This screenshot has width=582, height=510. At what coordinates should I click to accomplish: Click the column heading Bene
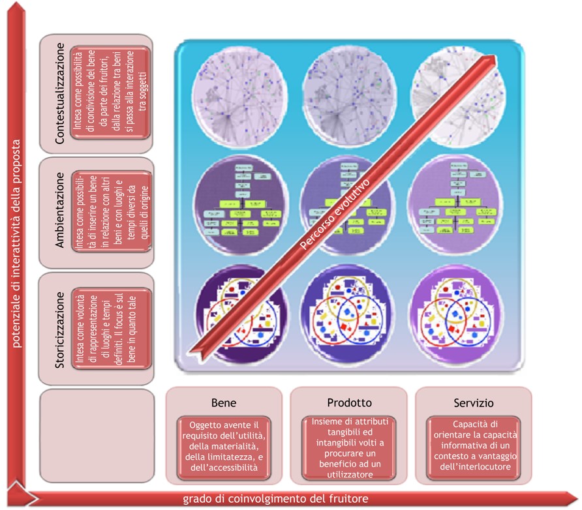pos(224,402)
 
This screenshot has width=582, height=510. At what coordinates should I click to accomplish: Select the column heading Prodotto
pos(349,402)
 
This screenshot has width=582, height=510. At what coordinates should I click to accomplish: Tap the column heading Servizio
pos(474,402)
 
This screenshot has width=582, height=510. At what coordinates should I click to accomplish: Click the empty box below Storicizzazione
pos(97,436)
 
